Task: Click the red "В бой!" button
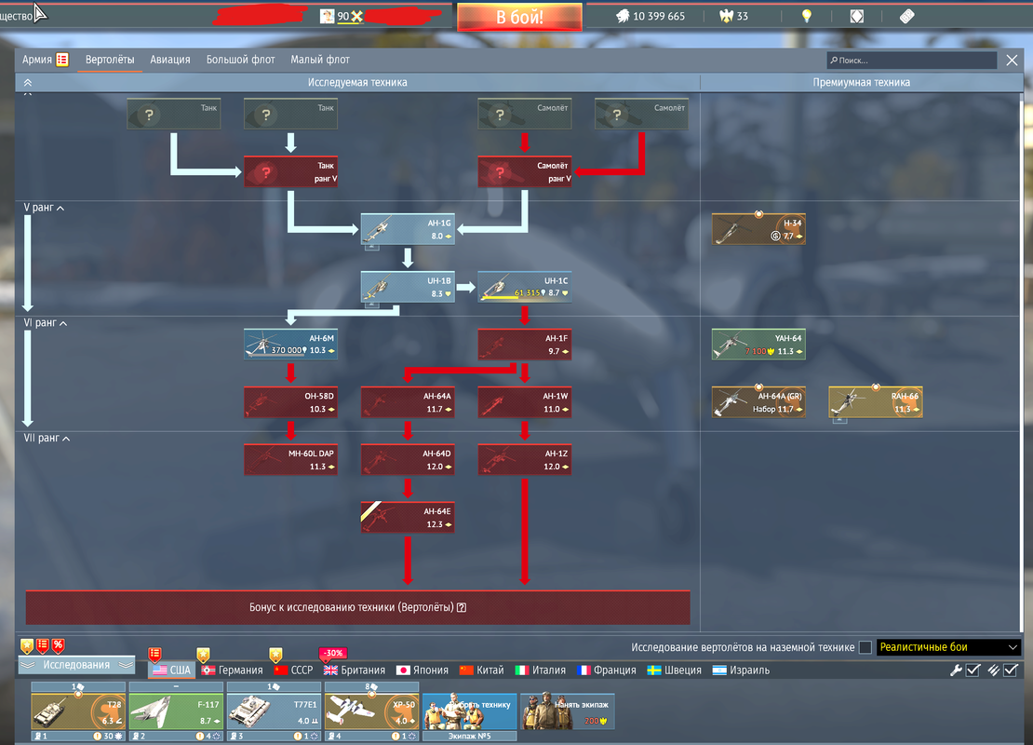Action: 519,17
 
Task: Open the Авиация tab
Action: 171,60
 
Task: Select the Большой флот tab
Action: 240,60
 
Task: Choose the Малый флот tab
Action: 320,60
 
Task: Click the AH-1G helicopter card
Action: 408,229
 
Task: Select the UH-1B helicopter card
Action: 408,287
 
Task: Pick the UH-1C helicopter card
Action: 525,287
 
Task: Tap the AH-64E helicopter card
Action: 408,518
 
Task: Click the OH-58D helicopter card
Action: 290,402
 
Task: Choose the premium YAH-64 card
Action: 758,345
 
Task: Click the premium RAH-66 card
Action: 876,402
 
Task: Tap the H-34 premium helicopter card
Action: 758,229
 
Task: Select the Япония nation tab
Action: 423,670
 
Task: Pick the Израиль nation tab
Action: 742,670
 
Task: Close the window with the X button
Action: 1013,61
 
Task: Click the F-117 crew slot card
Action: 176,711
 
